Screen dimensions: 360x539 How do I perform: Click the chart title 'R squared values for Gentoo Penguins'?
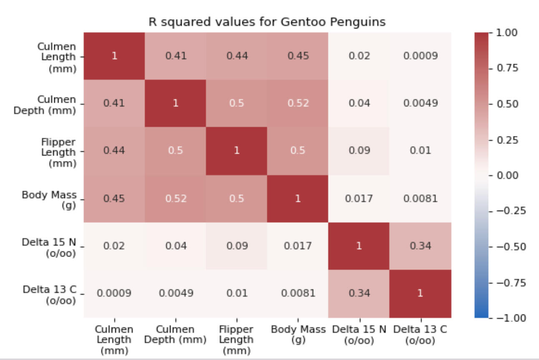coord(267,22)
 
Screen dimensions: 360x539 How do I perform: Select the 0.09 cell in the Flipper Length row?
coord(359,151)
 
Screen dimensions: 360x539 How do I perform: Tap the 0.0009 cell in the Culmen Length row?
coord(420,56)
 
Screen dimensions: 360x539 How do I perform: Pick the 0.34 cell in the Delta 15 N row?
coord(420,246)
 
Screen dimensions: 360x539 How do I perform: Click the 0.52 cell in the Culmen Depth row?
coord(298,103)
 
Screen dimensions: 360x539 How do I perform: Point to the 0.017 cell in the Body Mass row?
coord(359,199)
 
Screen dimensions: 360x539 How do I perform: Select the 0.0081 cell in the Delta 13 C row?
coord(298,293)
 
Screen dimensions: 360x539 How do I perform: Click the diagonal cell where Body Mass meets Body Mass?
coord(298,199)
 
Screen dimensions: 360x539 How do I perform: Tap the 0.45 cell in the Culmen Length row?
coord(298,56)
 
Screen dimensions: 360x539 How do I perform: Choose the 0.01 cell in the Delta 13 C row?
coord(236,293)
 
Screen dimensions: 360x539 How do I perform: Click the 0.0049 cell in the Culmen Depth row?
coord(420,103)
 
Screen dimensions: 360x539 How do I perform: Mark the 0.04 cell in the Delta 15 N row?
coord(175,246)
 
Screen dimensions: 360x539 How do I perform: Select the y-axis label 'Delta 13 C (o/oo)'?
coord(50,295)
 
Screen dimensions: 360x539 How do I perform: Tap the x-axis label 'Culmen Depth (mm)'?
coord(175,335)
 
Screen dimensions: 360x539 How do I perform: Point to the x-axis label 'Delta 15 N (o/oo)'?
coord(359,335)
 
